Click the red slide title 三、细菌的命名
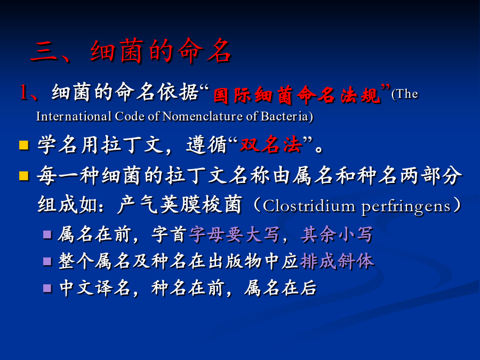pos(131,51)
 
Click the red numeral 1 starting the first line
pos(24,92)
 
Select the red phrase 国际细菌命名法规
pos(297,95)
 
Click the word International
pos(74,117)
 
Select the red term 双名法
pos(270,144)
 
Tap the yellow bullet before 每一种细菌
pos(23,175)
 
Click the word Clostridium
pos(309,206)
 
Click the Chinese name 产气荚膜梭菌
pos(180,204)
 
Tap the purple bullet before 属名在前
pos(47,235)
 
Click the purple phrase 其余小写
pos(337,235)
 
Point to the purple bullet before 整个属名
pos(47,261)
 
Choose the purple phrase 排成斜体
pos(337,261)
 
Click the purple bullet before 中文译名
pos(47,288)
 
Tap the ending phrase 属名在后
pos(280,288)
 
